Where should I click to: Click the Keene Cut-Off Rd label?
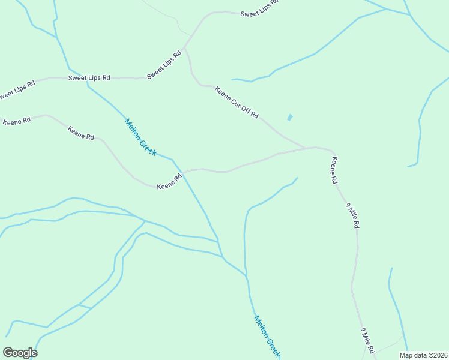click(237, 103)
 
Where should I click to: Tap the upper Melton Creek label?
click(140, 137)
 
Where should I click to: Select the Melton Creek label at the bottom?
click(267, 337)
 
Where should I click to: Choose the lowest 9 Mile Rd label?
click(367, 340)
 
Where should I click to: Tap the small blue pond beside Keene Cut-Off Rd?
click(290, 117)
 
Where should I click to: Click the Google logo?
click(20, 353)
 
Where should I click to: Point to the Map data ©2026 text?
click(423, 355)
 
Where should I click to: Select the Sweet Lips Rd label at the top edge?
click(260, 10)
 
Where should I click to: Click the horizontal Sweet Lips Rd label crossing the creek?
click(89, 77)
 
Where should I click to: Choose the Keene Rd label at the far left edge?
click(16, 121)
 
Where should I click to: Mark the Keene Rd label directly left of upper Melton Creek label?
click(81, 133)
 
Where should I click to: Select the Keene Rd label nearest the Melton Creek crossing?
click(169, 182)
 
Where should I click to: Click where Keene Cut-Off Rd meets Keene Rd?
click(313, 147)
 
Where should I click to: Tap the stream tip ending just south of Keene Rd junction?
click(297, 178)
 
